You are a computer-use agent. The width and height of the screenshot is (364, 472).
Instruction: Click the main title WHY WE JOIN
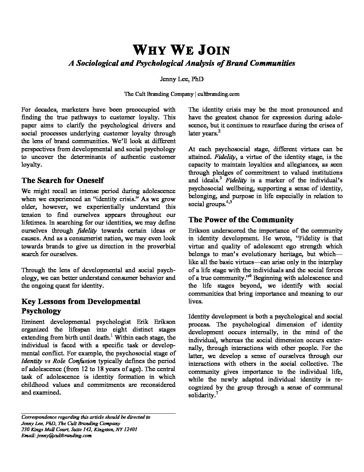click(182, 50)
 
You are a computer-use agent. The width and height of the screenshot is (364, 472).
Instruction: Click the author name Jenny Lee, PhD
click(182, 79)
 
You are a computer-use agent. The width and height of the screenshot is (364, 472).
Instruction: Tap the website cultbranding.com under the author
click(218, 94)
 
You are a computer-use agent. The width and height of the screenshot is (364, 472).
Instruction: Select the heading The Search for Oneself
click(63, 180)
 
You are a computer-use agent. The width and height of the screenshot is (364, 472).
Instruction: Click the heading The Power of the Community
click(241, 220)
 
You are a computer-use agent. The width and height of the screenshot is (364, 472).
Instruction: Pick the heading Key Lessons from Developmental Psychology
click(81, 306)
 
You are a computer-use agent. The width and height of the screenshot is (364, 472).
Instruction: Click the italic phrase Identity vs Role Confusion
click(59, 361)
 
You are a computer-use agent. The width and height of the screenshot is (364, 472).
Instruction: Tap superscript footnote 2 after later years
click(219, 131)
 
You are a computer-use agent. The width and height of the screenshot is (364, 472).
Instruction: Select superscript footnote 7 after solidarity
click(217, 393)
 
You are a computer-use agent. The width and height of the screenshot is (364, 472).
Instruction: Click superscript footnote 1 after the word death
click(111, 335)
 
